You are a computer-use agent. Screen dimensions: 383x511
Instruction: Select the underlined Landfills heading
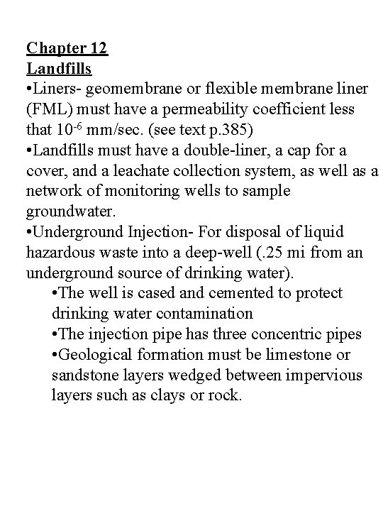[59, 70]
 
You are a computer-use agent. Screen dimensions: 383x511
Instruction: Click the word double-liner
[215, 151]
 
